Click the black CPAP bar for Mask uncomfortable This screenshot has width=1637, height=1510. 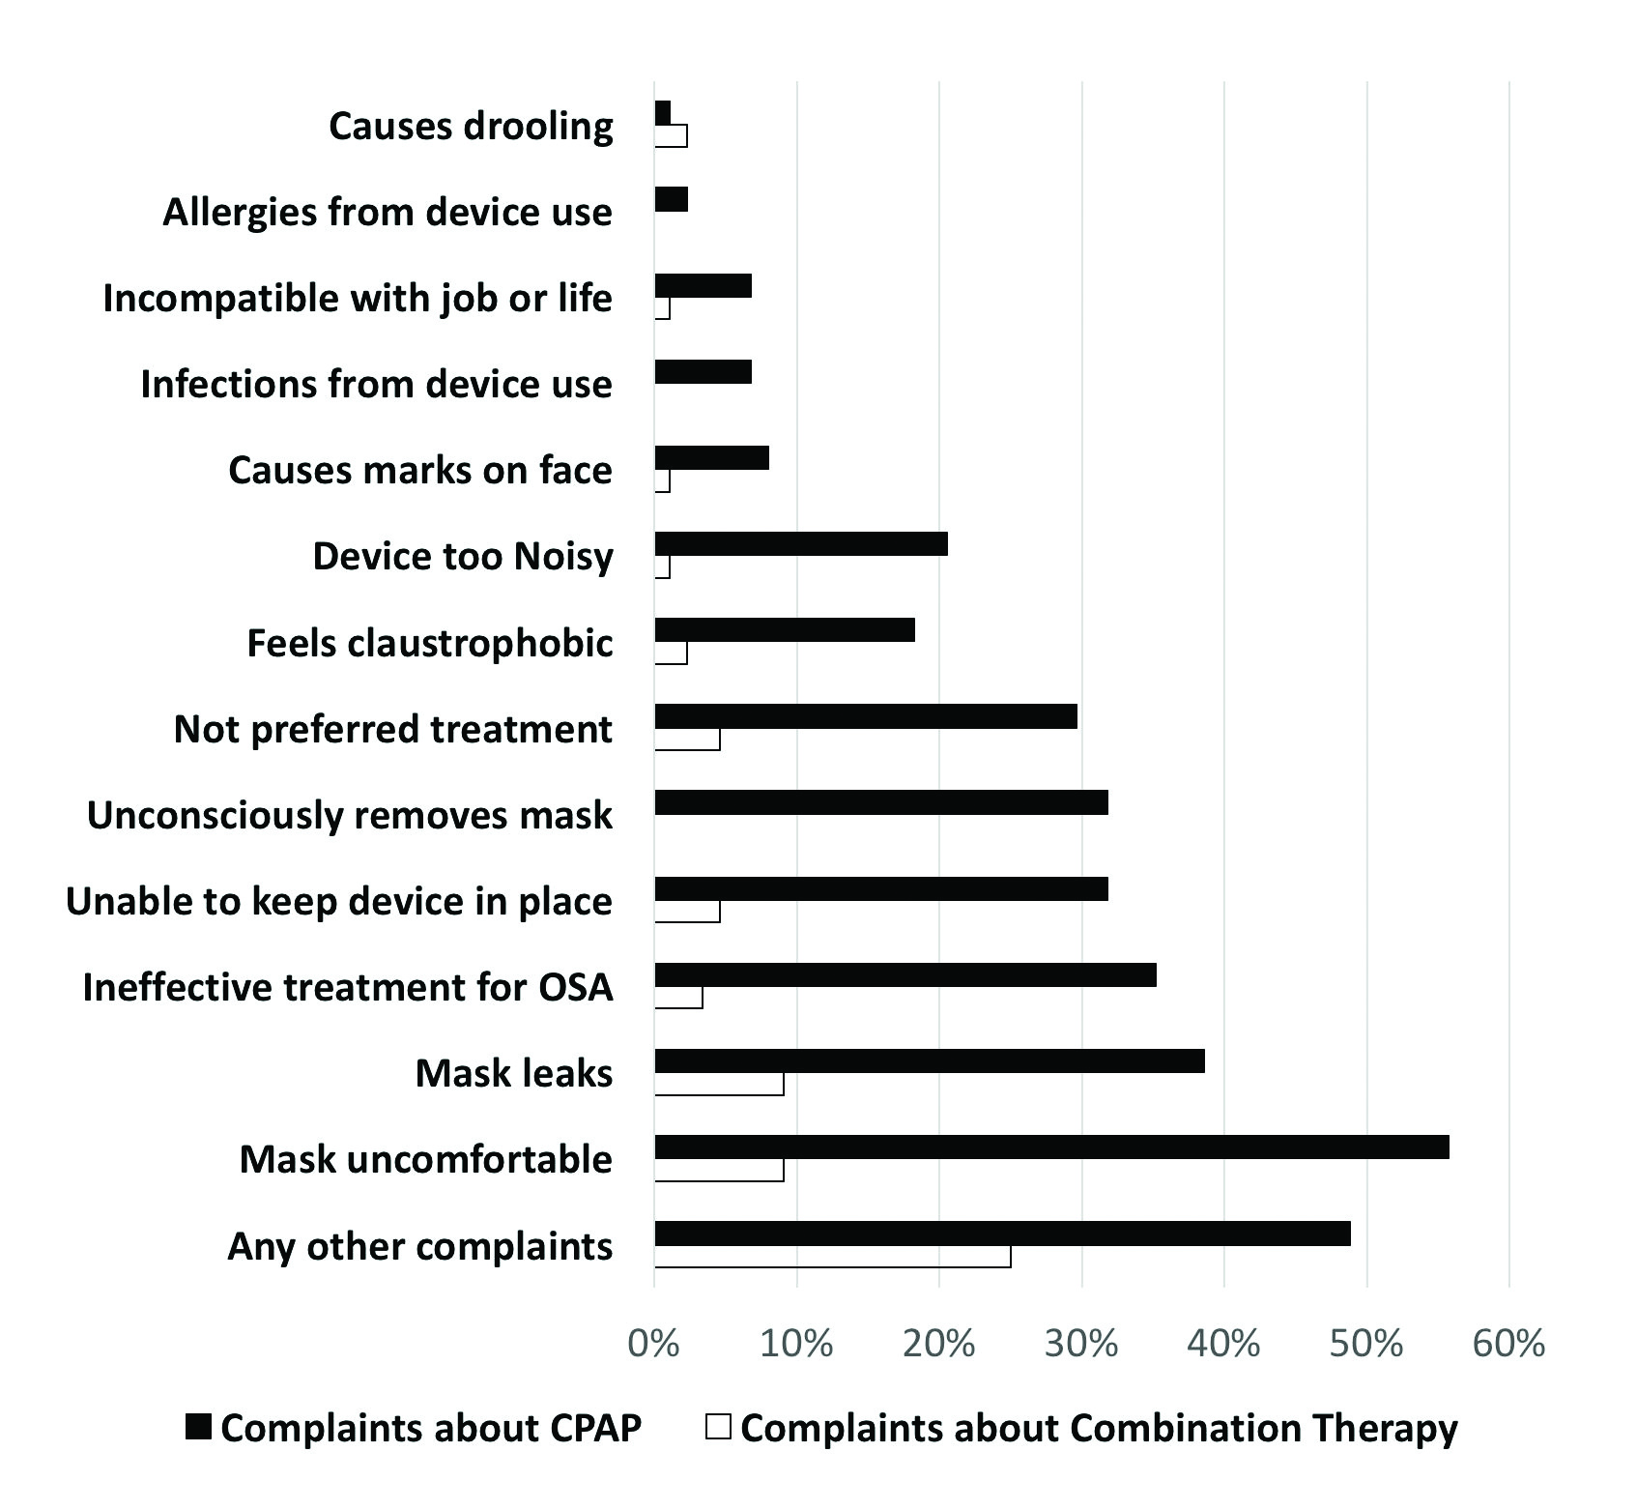point(1051,1147)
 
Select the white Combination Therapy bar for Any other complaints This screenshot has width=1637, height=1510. point(832,1256)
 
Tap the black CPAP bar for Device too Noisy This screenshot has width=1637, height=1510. point(801,543)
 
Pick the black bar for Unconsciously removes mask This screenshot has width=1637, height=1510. point(881,802)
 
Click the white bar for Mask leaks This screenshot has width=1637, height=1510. point(719,1084)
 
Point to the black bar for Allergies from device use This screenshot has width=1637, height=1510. point(671,199)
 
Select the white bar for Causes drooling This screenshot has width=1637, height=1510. point(671,136)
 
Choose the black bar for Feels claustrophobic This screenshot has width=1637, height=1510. point(785,629)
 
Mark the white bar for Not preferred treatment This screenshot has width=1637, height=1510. point(687,740)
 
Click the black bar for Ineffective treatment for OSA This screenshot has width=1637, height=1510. point(905,974)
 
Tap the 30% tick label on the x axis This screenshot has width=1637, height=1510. point(1081,1344)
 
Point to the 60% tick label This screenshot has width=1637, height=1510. point(1508,1344)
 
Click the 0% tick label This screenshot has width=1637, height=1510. point(654,1344)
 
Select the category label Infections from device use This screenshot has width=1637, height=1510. point(376,384)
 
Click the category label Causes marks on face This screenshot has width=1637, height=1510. point(420,470)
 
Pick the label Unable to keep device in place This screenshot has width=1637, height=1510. point(339,901)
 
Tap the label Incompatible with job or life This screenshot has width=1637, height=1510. point(358,298)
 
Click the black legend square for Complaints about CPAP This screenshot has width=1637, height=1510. point(198,1427)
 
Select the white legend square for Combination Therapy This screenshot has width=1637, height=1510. point(718,1427)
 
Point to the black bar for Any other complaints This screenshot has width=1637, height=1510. point(1002,1233)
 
